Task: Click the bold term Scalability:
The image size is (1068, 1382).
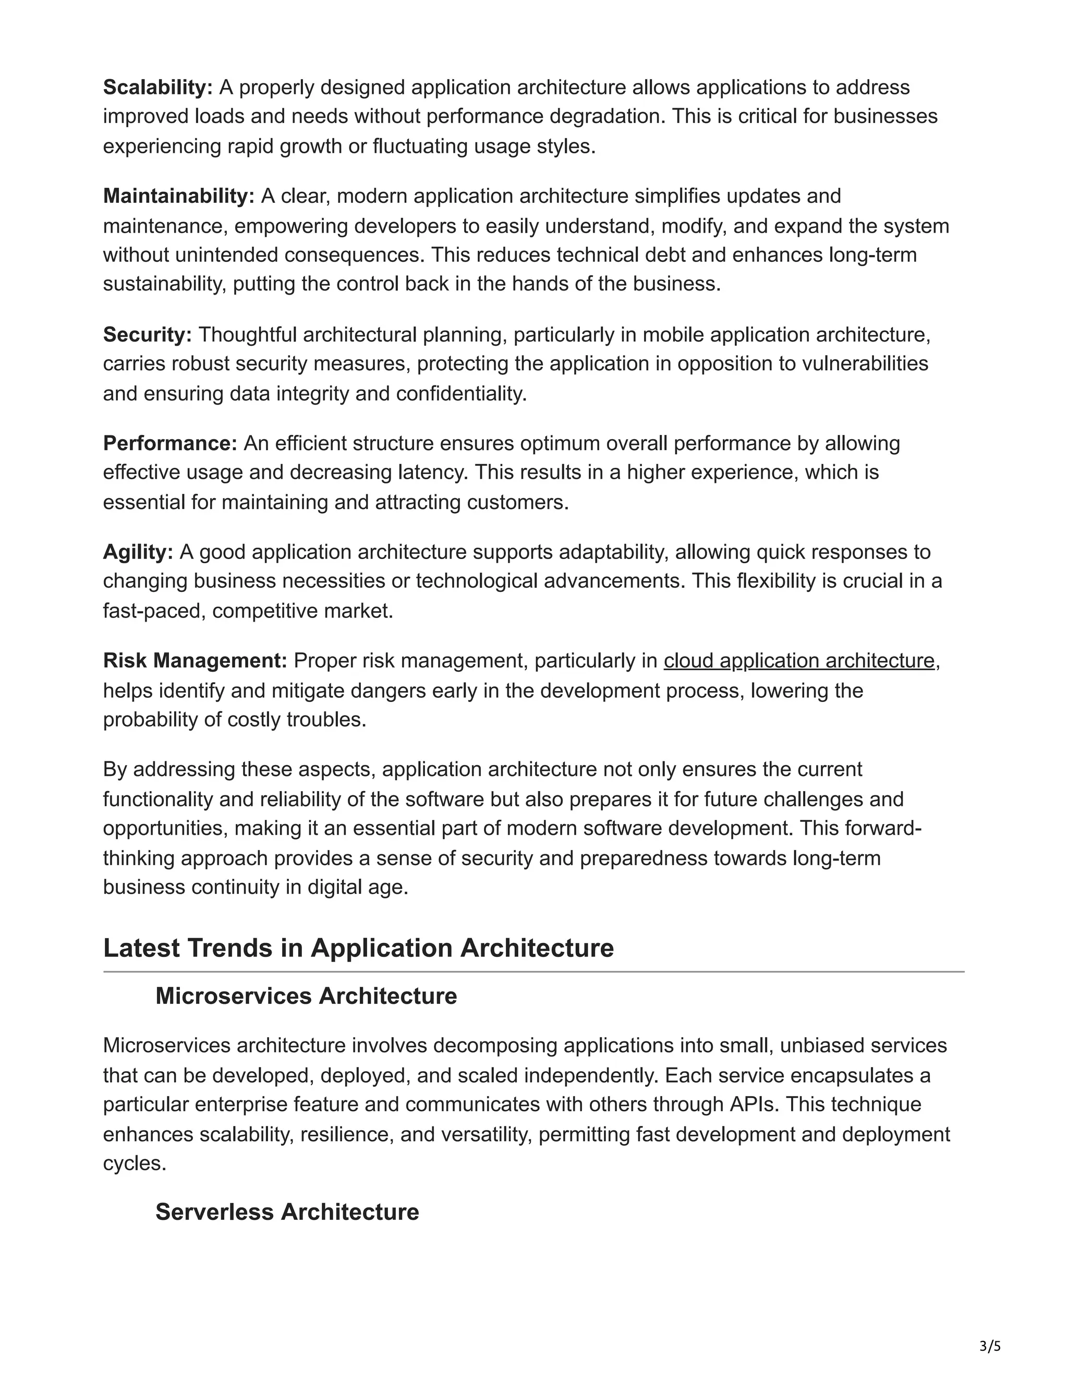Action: [x=158, y=87]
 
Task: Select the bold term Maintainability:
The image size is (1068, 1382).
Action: [x=178, y=196]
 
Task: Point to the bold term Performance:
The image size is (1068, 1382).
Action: [x=170, y=444]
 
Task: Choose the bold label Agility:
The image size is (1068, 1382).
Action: [x=138, y=552]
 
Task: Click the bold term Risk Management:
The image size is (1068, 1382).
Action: [x=195, y=661]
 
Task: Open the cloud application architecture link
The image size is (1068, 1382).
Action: [x=798, y=661]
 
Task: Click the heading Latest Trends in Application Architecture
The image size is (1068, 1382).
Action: [x=358, y=948]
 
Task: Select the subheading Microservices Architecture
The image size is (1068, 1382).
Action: [x=306, y=996]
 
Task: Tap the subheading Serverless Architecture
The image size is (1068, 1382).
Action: [x=287, y=1212]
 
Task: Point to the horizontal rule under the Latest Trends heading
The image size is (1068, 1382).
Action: [x=533, y=972]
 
